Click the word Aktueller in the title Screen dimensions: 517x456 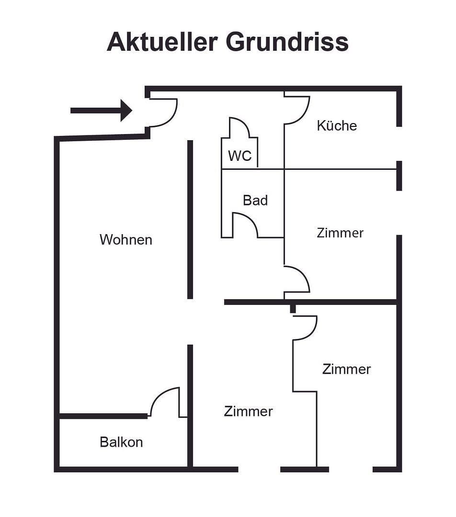[162, 42]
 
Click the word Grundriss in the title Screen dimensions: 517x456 [287, 42]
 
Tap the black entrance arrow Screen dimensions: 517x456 [101, 110]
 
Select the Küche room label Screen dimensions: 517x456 [337, 125]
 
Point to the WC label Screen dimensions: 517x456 [239, 156]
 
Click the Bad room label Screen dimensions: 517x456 [255, 200]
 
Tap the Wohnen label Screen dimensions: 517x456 [125, 239]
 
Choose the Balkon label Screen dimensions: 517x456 [121, 442]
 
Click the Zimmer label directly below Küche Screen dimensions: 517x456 [340, 233]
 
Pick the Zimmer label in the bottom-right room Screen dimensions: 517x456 [346, 369]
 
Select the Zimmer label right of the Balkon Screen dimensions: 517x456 [248, 411]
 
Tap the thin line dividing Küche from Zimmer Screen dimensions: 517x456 [340, 169]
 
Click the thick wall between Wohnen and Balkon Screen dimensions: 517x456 [103, 416]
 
